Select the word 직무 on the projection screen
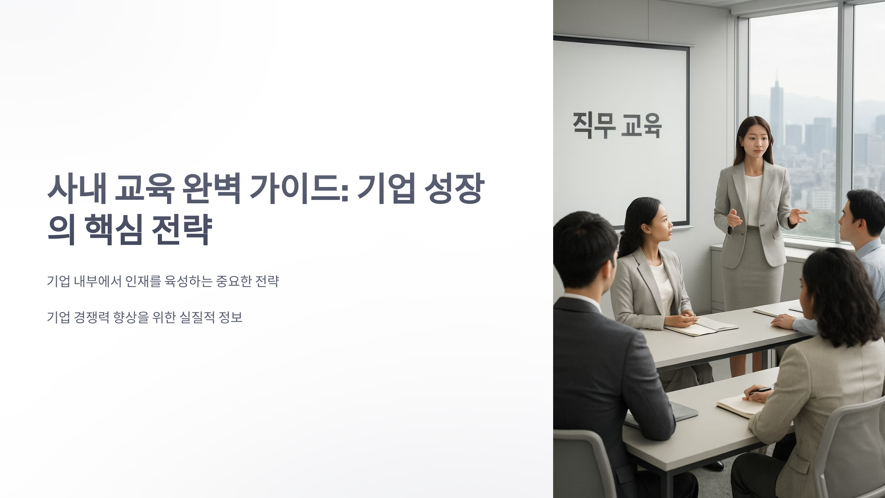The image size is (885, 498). click(x=594, y=125)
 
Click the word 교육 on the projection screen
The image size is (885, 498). click(x=641, y=125)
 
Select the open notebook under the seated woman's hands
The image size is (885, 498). click(x=701, y=326)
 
